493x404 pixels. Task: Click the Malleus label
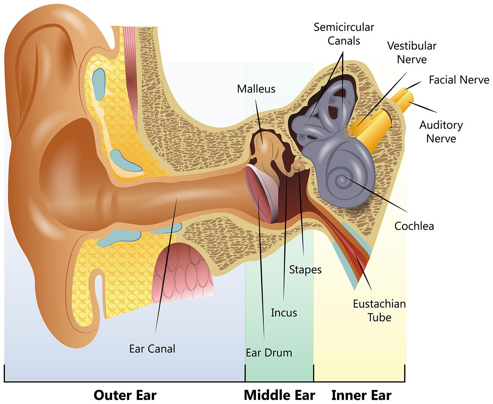256,89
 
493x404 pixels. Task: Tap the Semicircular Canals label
344,34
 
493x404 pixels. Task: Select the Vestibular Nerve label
412,52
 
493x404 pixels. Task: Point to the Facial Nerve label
459,80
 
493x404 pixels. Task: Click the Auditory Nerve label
441,132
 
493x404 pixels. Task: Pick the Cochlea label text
414,226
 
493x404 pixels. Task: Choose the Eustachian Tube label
379,310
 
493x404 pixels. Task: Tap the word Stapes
305,270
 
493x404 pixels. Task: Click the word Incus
284,313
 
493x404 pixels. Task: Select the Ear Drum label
269,353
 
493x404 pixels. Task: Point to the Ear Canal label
152,349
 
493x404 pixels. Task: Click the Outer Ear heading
125,389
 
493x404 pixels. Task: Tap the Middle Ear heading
279,389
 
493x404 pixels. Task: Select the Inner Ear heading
362,389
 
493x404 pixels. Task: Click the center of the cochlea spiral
343,180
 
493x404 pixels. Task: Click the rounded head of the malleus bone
264,142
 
